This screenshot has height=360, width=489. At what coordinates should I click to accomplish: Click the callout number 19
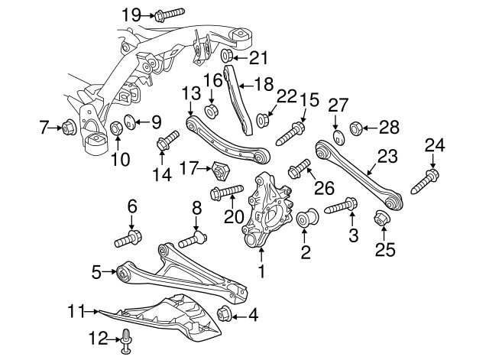click(131, 14)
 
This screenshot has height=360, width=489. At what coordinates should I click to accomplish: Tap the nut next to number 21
click(227, 57)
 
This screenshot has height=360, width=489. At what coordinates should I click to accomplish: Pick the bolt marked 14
click(167, 141)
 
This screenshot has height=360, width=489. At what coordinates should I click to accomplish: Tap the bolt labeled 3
click(342, 206)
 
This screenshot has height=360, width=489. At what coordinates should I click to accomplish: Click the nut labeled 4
click(225, 314)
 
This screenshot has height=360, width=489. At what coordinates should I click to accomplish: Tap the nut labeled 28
click(355, 127)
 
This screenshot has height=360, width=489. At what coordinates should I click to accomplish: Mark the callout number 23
click(387, 157)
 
